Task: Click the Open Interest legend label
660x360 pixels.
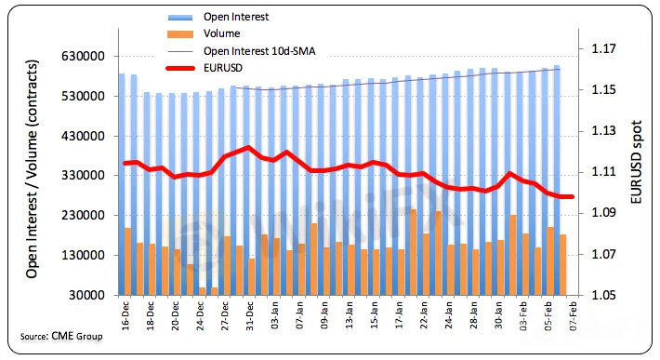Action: [236, 17]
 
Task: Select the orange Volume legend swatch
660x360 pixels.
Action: [180, 33]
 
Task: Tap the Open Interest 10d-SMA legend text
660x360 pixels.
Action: [259, 51]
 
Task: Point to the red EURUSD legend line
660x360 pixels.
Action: [180, 68]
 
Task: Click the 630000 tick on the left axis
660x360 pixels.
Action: [84, 56]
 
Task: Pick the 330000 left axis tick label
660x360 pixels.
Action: [84, 175]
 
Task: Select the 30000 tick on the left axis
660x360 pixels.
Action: [86, 295]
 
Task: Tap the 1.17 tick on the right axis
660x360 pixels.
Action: [603, 49]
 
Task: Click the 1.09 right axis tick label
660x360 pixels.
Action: [603, 213]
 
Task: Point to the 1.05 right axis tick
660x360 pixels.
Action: [603, 295]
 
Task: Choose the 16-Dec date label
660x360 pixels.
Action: [125, 315]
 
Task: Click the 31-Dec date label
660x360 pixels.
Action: [250, 315]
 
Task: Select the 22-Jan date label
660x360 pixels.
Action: [424, 315]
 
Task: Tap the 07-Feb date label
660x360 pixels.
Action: [573, 315]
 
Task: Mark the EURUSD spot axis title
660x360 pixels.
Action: [637, 162]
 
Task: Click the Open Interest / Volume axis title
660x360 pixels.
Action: [32, 169]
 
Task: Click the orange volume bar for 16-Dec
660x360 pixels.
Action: [128, 261]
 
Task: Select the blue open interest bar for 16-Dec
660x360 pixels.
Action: [122, 184]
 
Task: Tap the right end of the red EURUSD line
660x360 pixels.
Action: [573, 196]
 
